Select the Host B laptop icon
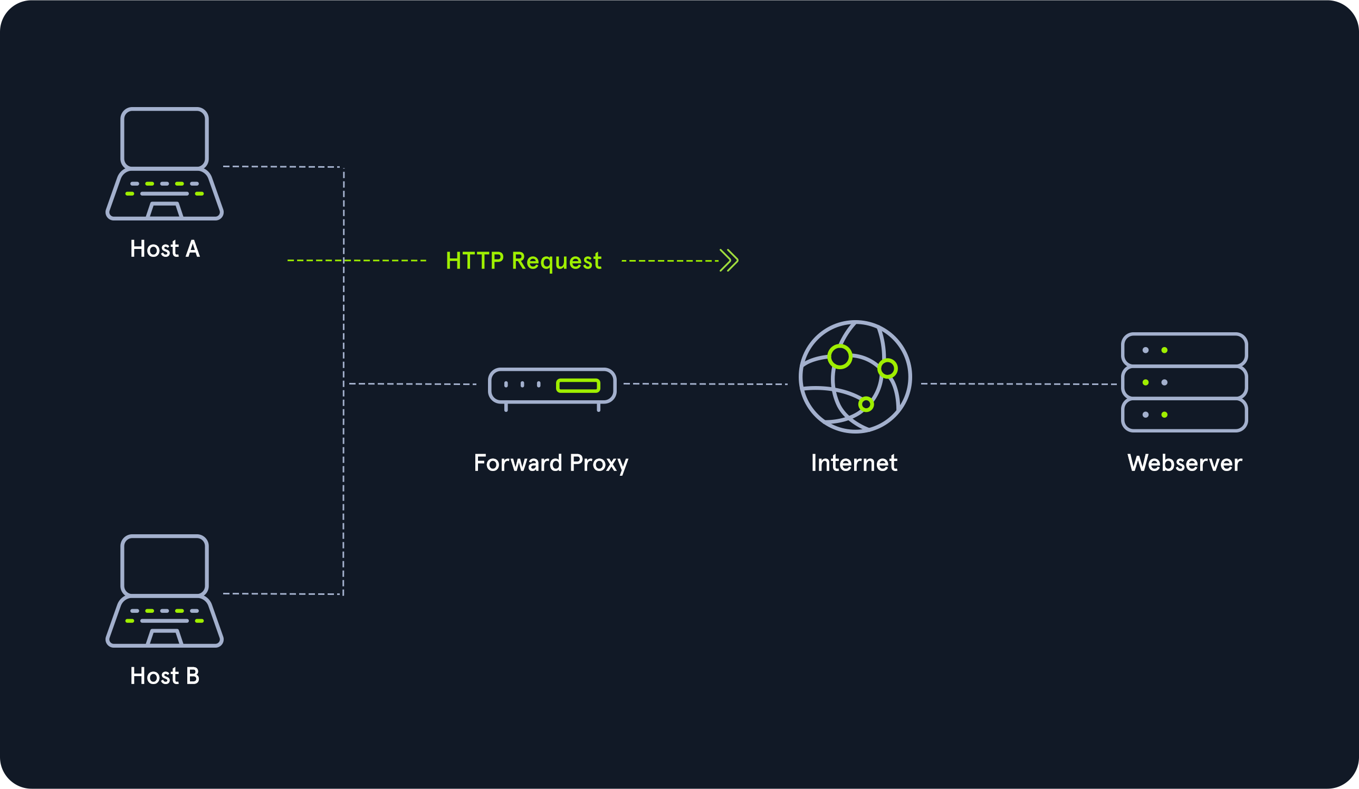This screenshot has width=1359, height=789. (x=165, y=591)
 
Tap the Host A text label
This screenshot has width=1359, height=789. (x=165, y=249)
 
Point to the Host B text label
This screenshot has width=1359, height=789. (x=165, y=676)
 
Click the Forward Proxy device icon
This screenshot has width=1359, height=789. (x=552, y=386)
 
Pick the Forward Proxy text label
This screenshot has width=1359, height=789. (x=551, y=463)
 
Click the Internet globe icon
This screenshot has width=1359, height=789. (x=855, y=377)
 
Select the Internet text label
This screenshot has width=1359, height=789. (x=854, y=463)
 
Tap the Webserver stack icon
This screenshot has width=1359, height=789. (x=1184, y=382)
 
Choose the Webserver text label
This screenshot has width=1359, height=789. (x=1185, y=463)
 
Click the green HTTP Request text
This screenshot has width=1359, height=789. (x=523, y=261)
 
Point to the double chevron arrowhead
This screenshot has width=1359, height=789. (x=729, y=261)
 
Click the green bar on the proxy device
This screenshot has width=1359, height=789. (x=578, y=386)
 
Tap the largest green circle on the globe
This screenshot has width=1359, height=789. (x=840, y=357)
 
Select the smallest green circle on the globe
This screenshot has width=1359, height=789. (x=866, y=404)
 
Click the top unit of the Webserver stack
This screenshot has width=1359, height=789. (x=1184, y=350)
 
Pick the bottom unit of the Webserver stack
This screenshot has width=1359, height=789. (x=1184, y=415)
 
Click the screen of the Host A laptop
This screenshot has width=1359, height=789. (x=165, y=138)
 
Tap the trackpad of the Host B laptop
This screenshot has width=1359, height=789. (x=165, y=638)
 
